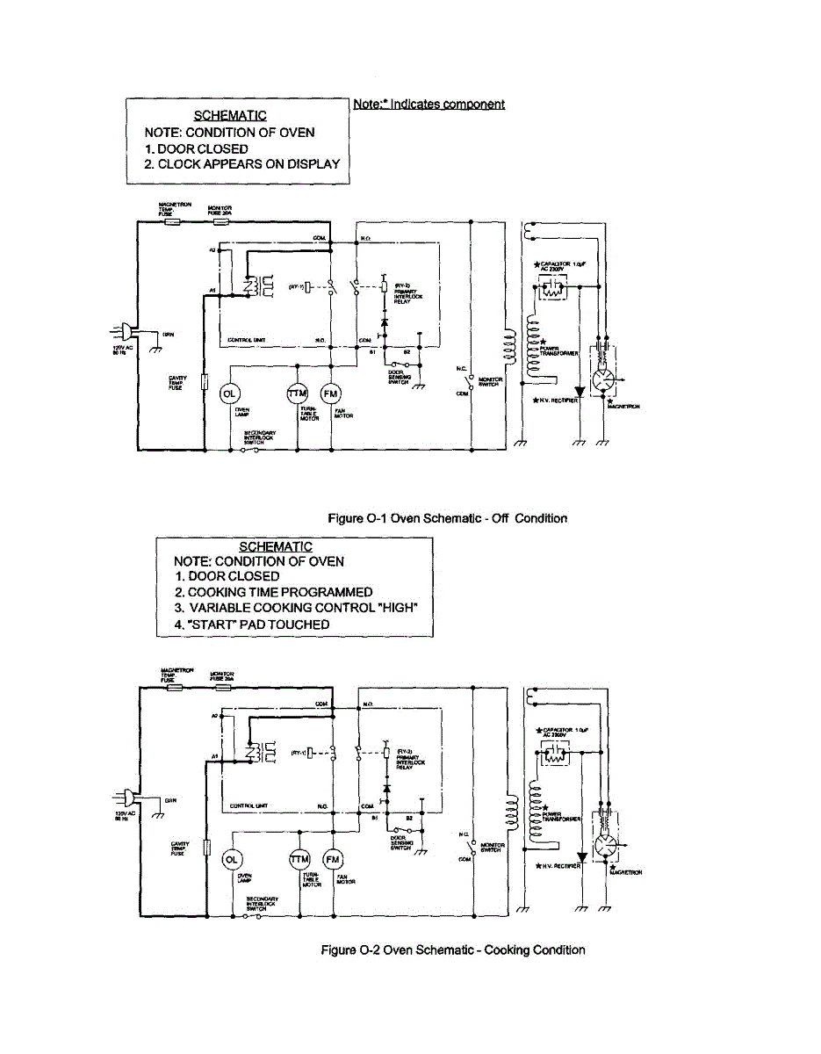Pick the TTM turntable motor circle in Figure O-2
[x=299, y=858]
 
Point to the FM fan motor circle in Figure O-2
[x=332, y=858]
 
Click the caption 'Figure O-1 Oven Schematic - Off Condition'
[x=447, y=518]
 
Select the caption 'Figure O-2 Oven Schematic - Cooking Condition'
[x=453, y=949]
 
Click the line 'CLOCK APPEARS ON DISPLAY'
[x=242, y=164]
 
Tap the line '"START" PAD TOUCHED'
[x=252, y=624]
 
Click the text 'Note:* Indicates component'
[x=429, y=105]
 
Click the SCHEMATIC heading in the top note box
[x=230, y=116]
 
